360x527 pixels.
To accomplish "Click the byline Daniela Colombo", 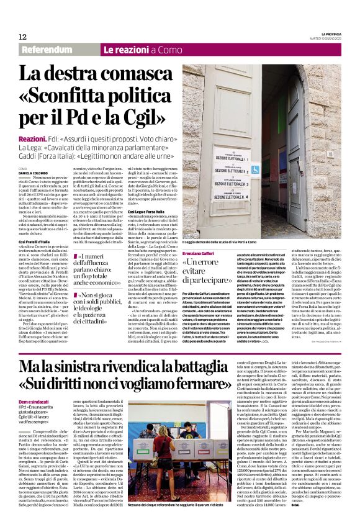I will click(x=32, y=172).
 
